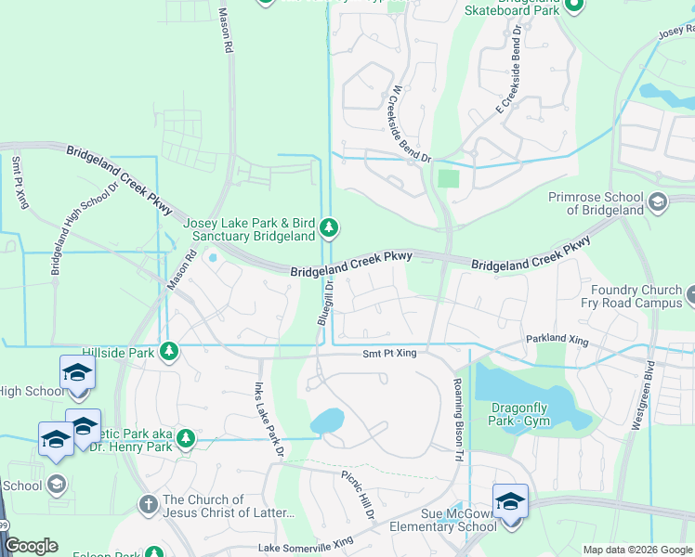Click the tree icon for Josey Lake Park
click(328, 227)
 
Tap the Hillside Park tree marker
click(168, 351)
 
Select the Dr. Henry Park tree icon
click(186, 438)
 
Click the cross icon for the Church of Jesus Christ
click(148, 504)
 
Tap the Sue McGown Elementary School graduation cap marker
click(509, 503)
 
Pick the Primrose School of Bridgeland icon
click(658, 202)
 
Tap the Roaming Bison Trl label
click(457, 407)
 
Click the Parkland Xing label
click(558, 341)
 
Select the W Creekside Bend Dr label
click(411, 123)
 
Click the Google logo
click(32, 546)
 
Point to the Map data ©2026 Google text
click(636, 550)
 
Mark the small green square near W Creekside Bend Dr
click(449, 177)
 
